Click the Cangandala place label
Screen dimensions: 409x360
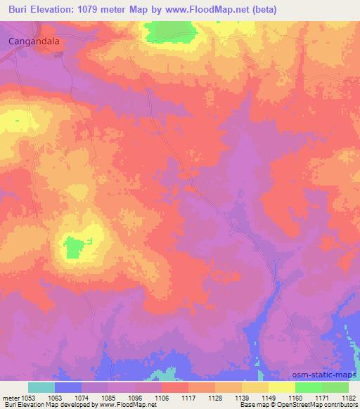pyautogui.click(x=34, y=41)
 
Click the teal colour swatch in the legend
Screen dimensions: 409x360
pyautogui.click(x=41, y=387)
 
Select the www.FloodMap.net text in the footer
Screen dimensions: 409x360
pyautogui.click(x=133, y=405)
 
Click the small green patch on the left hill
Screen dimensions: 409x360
pyautogui.click(x=75, y=247)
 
